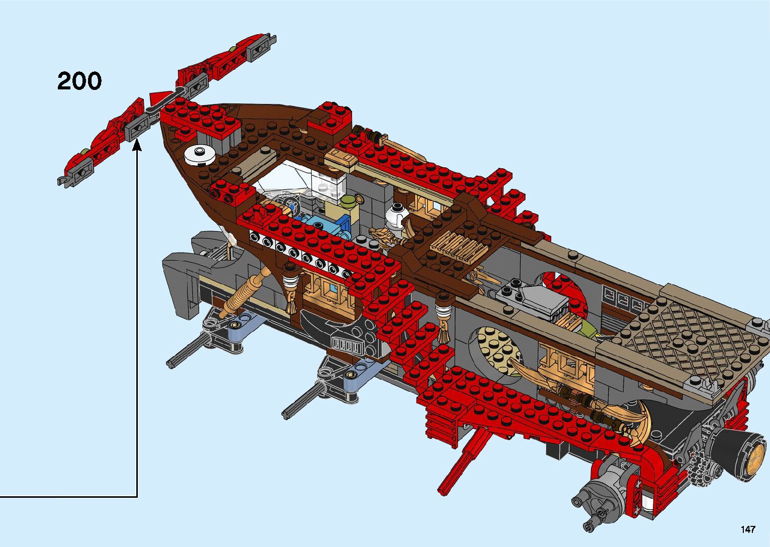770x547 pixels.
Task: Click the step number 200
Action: (x=79, y=81)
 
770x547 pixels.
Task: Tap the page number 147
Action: (x=747, y=529)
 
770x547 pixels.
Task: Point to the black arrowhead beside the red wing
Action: (x=137, y=145)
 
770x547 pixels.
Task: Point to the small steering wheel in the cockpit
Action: (x=292, y=207)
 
